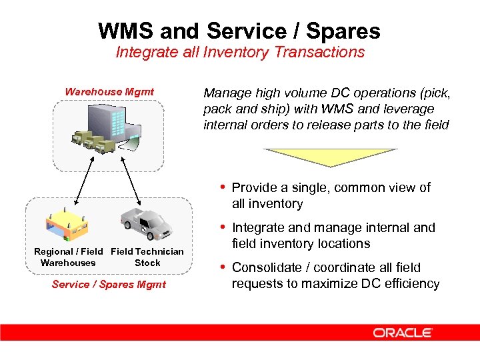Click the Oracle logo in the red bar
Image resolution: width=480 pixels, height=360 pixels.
403,332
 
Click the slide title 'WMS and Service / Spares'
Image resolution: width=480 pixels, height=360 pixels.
239,31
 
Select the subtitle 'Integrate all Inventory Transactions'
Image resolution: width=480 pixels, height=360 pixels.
240,53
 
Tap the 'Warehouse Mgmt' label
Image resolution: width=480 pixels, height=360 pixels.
109,92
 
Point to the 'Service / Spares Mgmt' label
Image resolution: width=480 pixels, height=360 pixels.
109,285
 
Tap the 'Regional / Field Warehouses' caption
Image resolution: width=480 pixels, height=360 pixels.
69,257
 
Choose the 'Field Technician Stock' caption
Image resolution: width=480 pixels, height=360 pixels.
147,257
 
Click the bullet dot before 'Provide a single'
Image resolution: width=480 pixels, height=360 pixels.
223,187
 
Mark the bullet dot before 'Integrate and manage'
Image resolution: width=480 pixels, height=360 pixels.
223,227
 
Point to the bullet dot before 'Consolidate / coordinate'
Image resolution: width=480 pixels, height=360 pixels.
223,267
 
